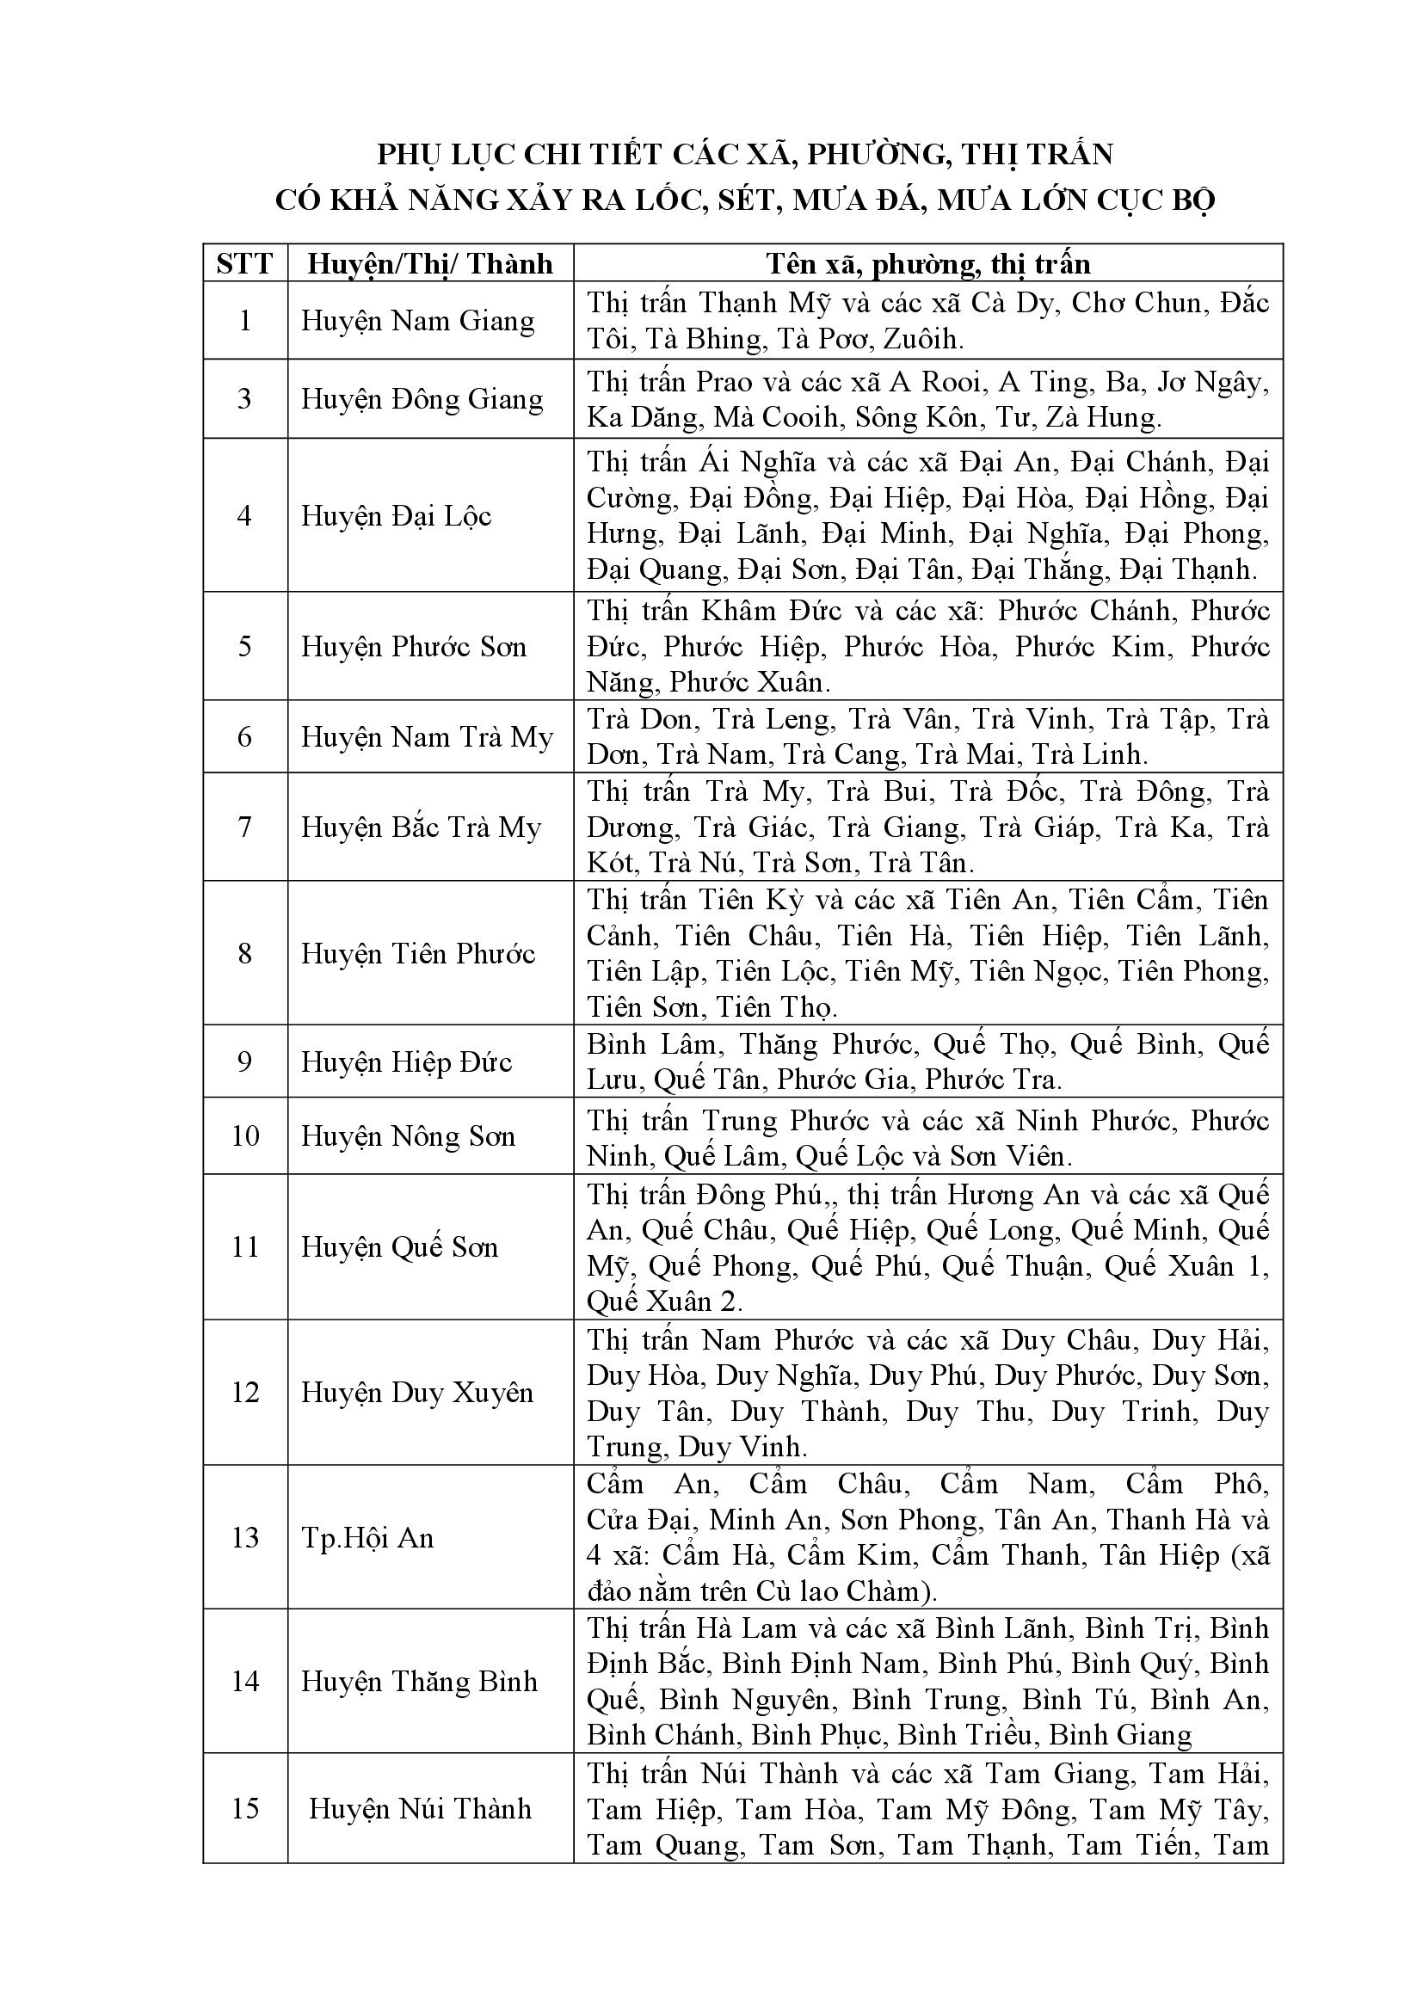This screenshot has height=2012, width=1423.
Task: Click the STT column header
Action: point(244,263)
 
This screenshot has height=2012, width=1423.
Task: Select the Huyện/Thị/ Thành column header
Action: point(430,263)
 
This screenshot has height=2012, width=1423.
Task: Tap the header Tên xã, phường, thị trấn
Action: point(928,263)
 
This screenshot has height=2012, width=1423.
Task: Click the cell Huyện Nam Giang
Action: point(418,321)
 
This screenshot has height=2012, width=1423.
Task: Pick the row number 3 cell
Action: point(244,399)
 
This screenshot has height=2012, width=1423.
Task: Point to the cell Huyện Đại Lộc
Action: point(397,515)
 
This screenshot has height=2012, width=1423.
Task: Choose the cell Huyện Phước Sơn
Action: point(414,647)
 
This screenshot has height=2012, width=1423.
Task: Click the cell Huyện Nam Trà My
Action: point(427,737)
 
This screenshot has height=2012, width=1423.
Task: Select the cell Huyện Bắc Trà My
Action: point(422,828)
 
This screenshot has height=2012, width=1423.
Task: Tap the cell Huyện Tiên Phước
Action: point(418,953)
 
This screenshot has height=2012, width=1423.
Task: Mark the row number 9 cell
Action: point(244,1062)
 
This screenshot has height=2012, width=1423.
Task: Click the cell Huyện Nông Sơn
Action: point(409,1136)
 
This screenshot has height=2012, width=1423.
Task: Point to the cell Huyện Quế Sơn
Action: point(399,1247)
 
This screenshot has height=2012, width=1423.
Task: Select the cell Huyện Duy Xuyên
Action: point(417,1393)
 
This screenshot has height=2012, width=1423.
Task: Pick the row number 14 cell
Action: point(244,1682)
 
